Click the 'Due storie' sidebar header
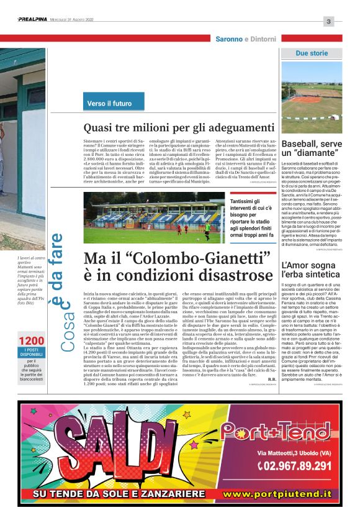[312, 53]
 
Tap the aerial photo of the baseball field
[312, 99]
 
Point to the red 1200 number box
[31, 342]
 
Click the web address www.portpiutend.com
[286, 494]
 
